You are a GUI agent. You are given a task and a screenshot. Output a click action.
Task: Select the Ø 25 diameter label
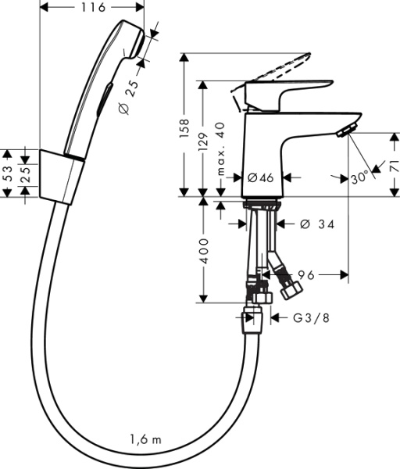(x=133, y=96)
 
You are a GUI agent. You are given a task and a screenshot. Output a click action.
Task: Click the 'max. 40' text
(x=221, y=149)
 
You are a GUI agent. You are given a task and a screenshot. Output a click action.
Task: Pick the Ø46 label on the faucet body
(x=260, y=178)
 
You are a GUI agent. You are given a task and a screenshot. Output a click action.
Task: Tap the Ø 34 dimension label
(x=318, y=225)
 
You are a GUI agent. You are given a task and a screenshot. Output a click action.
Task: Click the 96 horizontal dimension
(x=305, y=274)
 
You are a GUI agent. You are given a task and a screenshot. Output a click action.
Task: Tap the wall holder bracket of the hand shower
(x=59, y=176)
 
